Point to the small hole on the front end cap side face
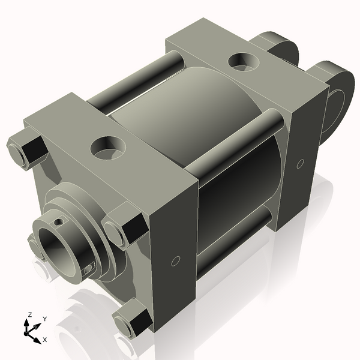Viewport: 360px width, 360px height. (x=176, y=260)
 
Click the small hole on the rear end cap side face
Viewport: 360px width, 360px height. (x=300, y=163)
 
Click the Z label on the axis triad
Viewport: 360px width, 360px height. (x=29, y=315)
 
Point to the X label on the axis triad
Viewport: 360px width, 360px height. (x=45, y=340)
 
